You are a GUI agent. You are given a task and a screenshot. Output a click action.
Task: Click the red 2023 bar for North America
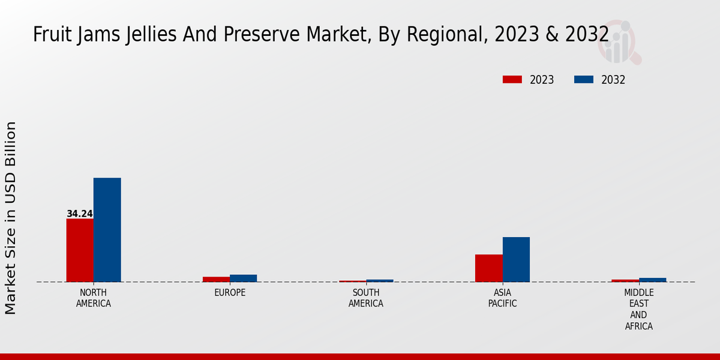tap(80, 250)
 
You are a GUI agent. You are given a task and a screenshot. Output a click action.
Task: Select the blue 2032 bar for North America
tap(107, 230)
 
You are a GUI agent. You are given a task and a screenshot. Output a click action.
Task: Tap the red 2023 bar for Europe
tap(216, 279)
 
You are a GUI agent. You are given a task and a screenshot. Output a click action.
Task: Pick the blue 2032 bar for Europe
tap(243, 278)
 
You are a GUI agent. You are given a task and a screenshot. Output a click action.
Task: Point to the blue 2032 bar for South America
tap(380, 281)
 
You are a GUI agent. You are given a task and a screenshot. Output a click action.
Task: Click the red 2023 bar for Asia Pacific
tap(488, 268)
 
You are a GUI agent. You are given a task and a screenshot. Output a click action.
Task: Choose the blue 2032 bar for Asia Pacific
tap(516, 259)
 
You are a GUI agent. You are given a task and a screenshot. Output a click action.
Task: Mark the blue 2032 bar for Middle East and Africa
tap(652, 280)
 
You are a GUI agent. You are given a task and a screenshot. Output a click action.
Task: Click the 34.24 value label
tap(80, 214)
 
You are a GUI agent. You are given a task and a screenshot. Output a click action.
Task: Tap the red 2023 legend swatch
tap(512, 80)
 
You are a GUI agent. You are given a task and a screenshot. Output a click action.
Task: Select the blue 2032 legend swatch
tap(584, 80)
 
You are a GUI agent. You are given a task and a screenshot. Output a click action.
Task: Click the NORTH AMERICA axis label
tap(94, 298)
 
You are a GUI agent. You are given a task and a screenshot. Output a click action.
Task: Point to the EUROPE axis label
tap(230, 293)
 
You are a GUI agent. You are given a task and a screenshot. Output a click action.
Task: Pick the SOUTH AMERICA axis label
tap(366, 298)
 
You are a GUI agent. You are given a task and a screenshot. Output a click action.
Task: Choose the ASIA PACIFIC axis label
tap(502, 298)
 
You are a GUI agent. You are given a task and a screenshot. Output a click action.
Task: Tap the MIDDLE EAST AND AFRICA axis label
tap(638, 310)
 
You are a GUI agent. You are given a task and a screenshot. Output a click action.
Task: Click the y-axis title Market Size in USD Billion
tap(11, 218)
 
